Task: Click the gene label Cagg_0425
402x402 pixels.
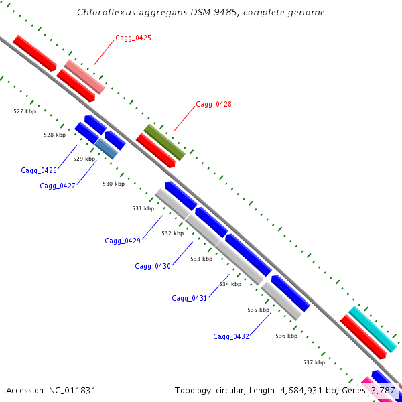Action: (x=133, y=38)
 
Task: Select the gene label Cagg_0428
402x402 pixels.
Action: (x=214, y=104)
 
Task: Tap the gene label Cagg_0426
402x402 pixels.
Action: (x=39, y=170)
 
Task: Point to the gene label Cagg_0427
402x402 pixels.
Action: (x=58, y=186)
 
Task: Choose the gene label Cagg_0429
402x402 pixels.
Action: (x=123, y=241)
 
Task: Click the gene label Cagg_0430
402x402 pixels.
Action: (x=153, y=267)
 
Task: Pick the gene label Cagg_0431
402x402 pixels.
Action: (x=189, y=298)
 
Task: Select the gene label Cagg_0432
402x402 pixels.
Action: (x=231, y=336)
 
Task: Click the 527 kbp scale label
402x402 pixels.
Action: (x=25, y=111)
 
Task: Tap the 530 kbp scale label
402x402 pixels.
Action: (x=114, y=184)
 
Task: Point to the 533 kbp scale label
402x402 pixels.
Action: (x=201, y=259)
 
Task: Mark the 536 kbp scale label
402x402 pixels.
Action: (x=286, y=336)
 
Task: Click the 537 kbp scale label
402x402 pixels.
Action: (x=314, y=362)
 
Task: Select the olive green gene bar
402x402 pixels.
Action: (x=164, y=142)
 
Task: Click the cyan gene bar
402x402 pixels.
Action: (x=373, y=329)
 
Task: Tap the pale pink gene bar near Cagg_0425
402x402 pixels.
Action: (x=84, y=77)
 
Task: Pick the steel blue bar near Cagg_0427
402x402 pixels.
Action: (x=106, y=149)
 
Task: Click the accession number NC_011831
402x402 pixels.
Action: (x=72, y=391)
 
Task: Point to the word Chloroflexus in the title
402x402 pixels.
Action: (x=106, y=12)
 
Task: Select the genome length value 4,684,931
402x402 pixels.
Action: (x=301, y=391)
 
